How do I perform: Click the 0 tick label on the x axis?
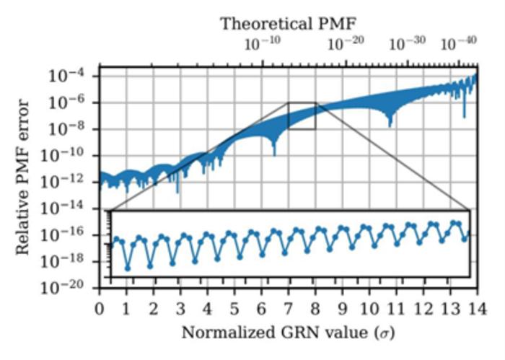click(100, 309)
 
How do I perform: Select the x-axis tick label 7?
click(289, 309)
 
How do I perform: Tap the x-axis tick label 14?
click(475, 309)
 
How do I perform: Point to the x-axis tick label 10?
click(369, 309)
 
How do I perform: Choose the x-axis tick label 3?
click(180, 309)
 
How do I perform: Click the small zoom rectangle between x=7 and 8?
click(302, 115)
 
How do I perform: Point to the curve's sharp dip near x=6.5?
click(274, 152)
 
